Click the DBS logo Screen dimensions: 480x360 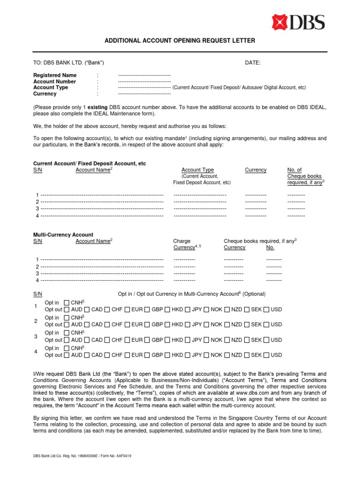coord(298,22)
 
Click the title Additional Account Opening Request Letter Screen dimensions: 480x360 coord(180,41)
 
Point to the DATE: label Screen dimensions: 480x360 coord(253,63)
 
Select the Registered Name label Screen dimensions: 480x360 coord(55,75)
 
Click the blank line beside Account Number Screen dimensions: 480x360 coord(144,82)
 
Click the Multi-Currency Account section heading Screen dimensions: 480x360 coord(63,235)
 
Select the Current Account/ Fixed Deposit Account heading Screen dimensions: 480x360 coord(90,164)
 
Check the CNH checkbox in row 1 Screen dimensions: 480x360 coord(67,302)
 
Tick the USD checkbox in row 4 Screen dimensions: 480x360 coord(267,355)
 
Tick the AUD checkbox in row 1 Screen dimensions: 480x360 coord(67,309)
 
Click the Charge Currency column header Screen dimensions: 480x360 coord(184,244)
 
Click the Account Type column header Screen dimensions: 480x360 coord(197,170)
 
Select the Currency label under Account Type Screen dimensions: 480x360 coord(45,94)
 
